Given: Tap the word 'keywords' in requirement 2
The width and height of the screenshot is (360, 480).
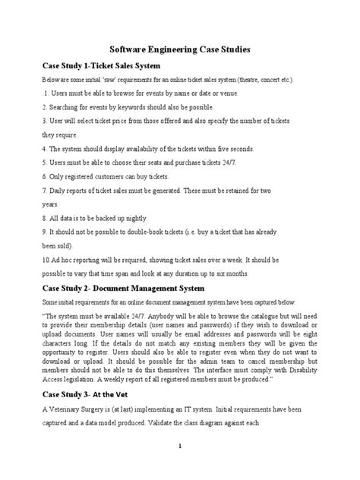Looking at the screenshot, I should (134, 107).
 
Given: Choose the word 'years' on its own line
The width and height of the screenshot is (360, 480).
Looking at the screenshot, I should (49, 204).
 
